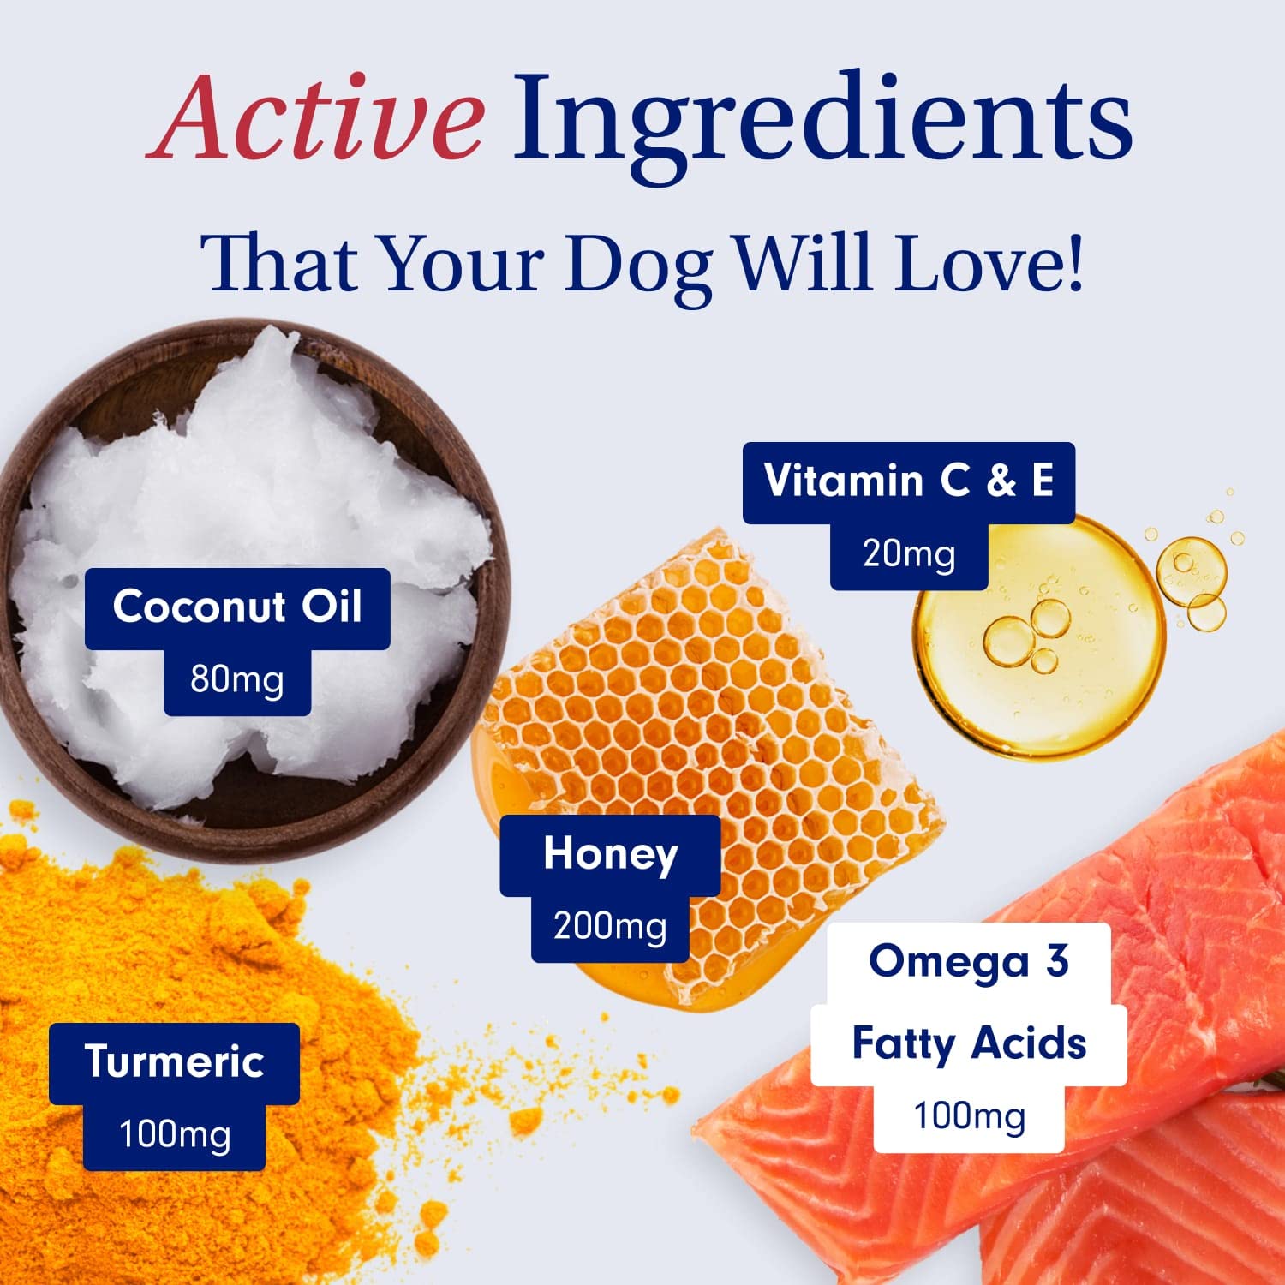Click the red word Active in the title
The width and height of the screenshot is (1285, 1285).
(x=315, y=117)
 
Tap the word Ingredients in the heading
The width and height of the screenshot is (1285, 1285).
(x=822, y=120)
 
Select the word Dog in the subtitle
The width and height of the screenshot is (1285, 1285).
(x=637, y=262)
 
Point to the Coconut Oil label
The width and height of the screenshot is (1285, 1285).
(x=237, y=607)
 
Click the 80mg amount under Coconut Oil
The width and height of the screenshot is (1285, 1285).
(x=237, y=680)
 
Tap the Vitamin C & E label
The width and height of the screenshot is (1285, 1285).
(x=908, y=481)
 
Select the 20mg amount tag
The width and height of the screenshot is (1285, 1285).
(x=908, y=555)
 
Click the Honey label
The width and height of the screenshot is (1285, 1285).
(x=610, y=855)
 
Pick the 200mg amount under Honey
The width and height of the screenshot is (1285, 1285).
(x=610, y=928)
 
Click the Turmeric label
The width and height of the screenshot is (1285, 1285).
(x=174, y=1062)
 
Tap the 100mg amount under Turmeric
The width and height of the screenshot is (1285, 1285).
(x=174, y=1136)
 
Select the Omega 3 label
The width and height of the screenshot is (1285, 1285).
(x=968, y=962)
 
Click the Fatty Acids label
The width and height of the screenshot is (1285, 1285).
(x=968, y=1044)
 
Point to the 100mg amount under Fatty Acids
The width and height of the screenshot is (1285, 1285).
(x=968, y=1117)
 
